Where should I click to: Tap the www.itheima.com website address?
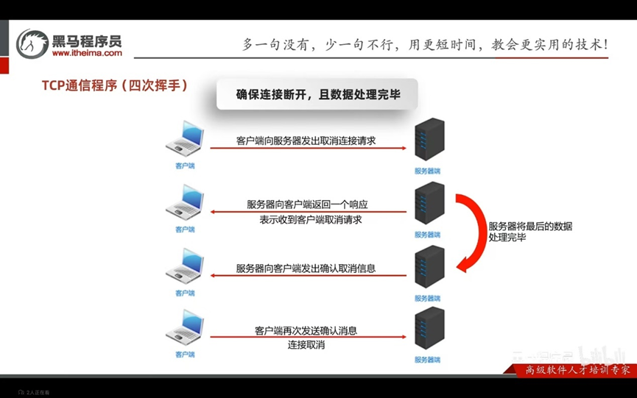click(87, 53)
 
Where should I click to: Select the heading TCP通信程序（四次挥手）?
click(114, 85)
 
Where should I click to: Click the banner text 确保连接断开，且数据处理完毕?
click(317, 94)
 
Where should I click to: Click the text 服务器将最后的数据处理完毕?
click(529, 232)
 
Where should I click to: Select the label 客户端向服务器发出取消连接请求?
click(306, 140)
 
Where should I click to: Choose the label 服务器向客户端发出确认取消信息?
click(306, 268)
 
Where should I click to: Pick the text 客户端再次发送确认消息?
click(306, 330)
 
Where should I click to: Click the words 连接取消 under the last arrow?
click(306, 344)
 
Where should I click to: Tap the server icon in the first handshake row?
click(429, 140)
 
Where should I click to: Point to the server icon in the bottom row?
click(429, 329)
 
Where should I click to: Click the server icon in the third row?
click(429, 266)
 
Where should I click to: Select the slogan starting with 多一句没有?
click(425, 45)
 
